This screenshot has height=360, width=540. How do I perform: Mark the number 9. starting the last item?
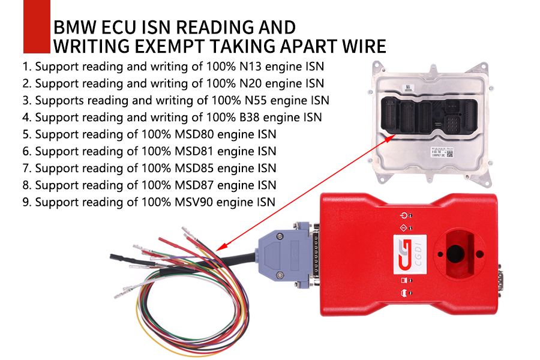pyautogui.click(x=27, y=202)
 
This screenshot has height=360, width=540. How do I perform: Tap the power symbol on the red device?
pyautogui.click(x=403, y=216)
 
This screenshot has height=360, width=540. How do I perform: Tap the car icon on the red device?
pyautogui.click(x=403, y=293)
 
